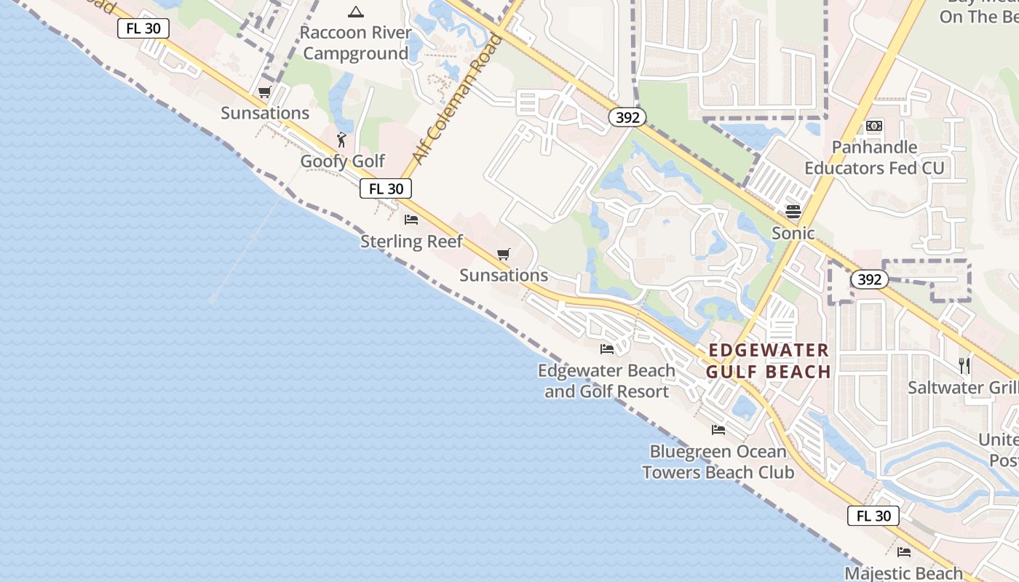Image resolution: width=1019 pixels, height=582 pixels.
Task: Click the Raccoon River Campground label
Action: tap(356, 43)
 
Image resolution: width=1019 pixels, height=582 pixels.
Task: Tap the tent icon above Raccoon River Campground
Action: tap(355, 12)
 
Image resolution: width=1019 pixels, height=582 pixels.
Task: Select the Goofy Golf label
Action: tap(342, 161)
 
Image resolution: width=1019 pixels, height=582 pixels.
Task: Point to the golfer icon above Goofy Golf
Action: tap(341, 139)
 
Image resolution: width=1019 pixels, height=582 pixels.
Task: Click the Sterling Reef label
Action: tap(411, 241)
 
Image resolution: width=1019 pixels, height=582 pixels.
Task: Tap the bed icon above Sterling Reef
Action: tap(411, 219)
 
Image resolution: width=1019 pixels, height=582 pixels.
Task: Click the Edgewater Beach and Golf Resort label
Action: tap(606, 380)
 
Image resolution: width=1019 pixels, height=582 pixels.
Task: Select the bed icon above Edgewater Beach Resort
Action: tap(606, 349)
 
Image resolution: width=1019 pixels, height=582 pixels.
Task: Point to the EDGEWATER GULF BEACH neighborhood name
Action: tap(769, 361)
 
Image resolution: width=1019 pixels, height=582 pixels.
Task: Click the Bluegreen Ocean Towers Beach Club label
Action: tap(718, 461)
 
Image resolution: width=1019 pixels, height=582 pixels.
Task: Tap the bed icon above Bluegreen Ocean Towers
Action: tap(718, 429)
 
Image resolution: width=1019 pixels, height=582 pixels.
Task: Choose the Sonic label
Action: tap(793, 233)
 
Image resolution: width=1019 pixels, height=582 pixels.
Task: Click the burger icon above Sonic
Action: tap(793, 212)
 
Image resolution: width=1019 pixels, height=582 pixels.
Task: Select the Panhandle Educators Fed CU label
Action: tap(874, 157)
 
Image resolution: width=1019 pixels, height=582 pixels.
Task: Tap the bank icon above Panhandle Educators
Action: tap(874, 126)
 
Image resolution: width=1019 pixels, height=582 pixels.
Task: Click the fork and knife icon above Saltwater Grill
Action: tap(965, 365)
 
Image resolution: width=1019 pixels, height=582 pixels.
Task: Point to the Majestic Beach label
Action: tap(903, 573)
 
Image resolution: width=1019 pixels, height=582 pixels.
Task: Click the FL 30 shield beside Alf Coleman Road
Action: tap(386, 188)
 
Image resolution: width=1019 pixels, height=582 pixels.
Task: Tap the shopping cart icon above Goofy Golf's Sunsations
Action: tap(264, 92)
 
